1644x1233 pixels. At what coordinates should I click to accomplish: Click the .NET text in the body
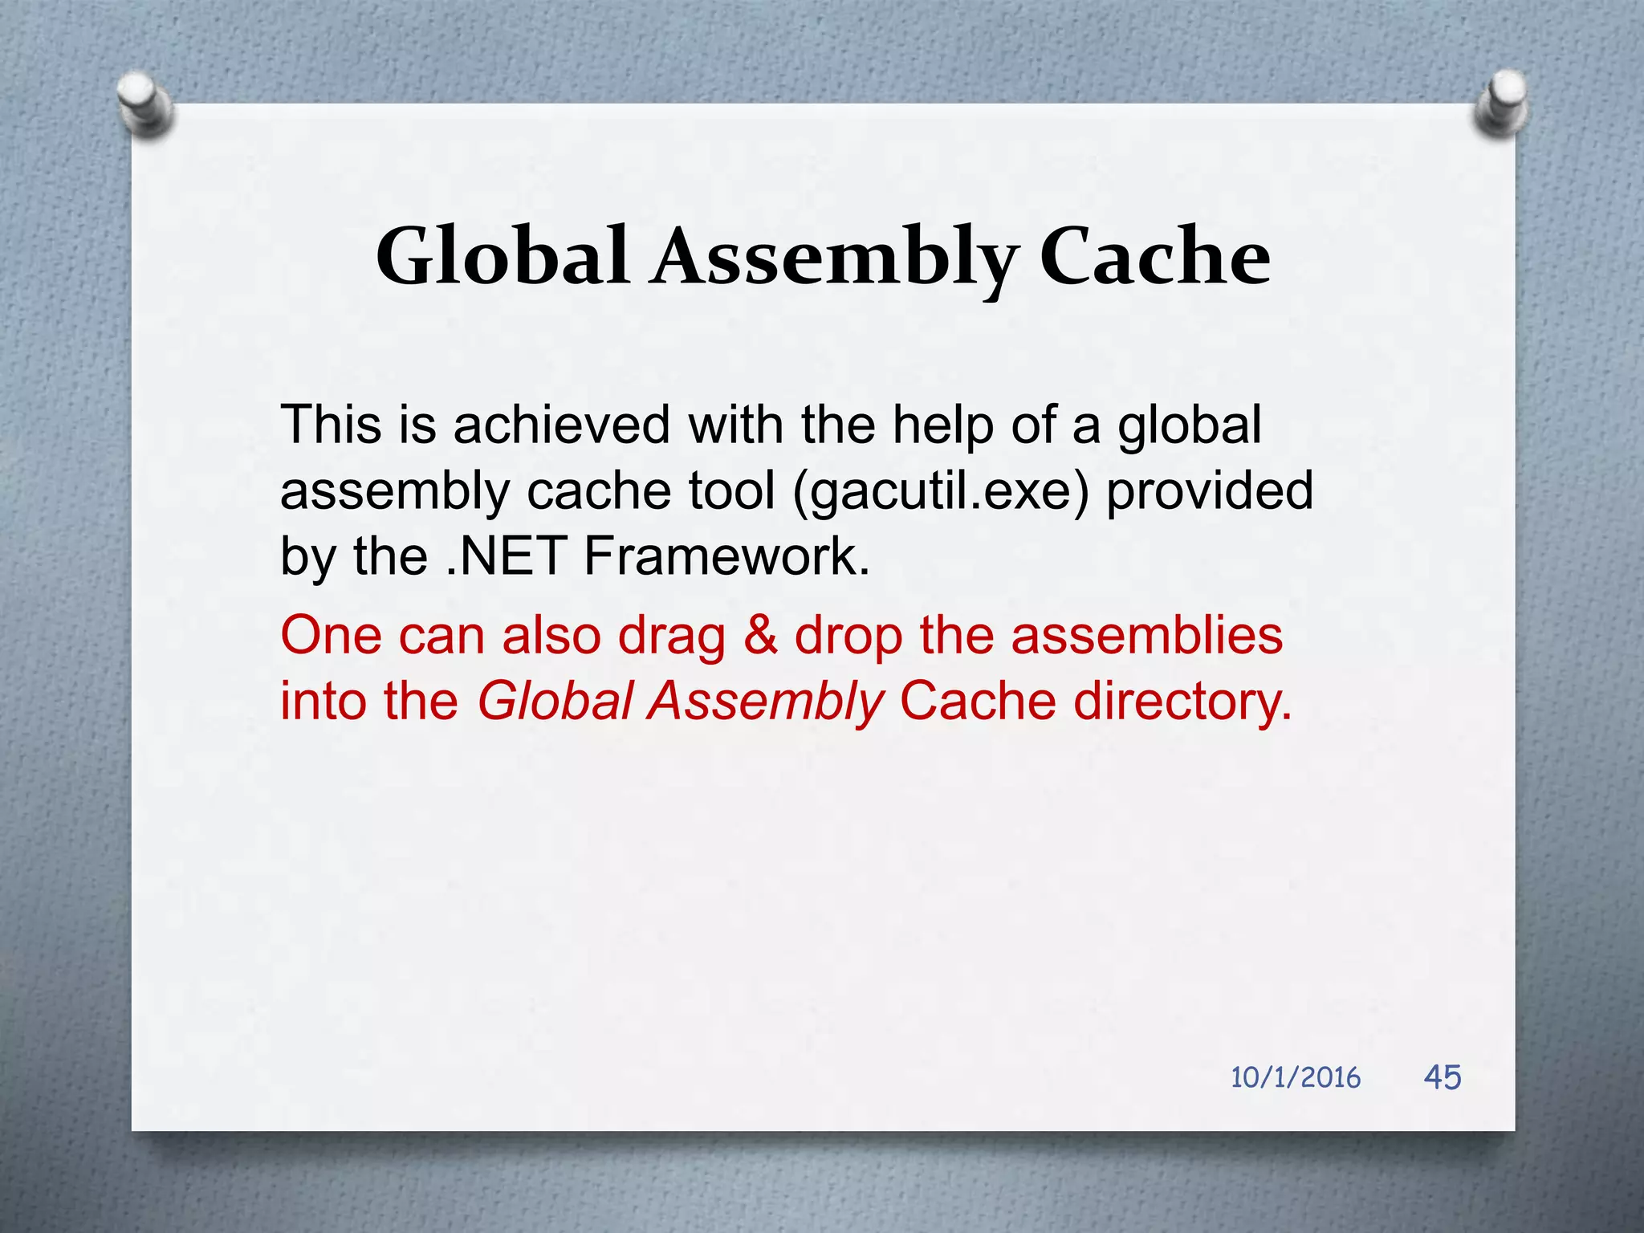click(x=506, y=555)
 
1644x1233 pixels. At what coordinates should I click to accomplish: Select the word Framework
click(x=726, y=555)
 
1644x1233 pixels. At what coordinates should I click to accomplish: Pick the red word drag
click(x=671, y=637)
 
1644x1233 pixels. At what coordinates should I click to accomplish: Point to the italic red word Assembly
click(x=766, y=702)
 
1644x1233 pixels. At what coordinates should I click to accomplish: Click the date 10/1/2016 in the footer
click(x=1296, y=1077)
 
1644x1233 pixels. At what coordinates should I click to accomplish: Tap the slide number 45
click(x=1443, y=1076)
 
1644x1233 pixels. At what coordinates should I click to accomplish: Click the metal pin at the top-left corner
click(x=145, y=103)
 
